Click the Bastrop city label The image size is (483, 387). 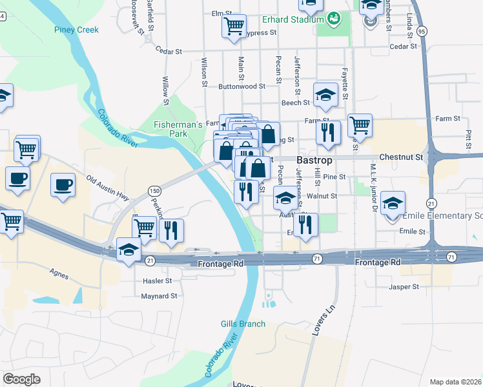[314, 159]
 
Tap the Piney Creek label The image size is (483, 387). [76, 30]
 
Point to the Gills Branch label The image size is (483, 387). [243, 324]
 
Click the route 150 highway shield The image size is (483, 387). [154, 190]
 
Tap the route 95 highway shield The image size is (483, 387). [422, 31]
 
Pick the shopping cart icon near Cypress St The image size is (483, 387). [234, 27]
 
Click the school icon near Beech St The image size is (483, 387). [326, 94]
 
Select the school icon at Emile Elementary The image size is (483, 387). [393, 204]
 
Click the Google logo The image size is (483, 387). [21, 379]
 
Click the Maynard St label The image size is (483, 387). [159, 297]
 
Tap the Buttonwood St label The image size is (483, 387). [242, 86]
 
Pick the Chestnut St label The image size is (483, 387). [401, 157]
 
